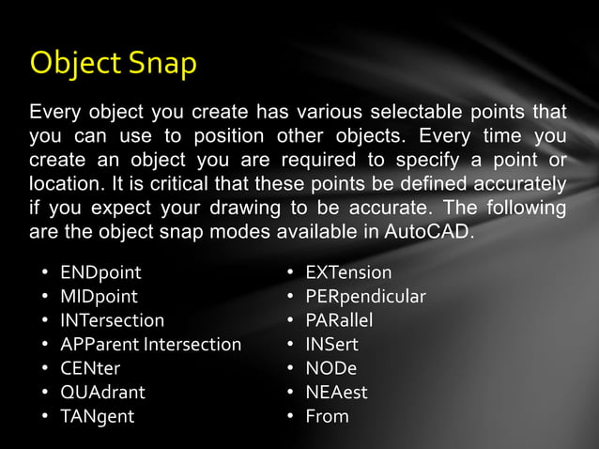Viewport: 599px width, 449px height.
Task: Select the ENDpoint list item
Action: click(x=100, y=273)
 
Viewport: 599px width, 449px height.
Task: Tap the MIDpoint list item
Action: click(x=100, y=297)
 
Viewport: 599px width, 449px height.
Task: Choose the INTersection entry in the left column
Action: click(x=112, y=320)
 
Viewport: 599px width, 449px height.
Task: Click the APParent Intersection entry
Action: click(x=150, y=345)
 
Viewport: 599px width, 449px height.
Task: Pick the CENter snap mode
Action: click(x=90, y=368)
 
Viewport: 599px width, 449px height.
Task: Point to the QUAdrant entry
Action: click(x=102, y=392)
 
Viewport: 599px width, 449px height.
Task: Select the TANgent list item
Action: click(x=98, y=416)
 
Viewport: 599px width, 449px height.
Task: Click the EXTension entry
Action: click(x=348, y=273)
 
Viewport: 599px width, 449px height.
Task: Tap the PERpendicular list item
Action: click(x=365, y=297)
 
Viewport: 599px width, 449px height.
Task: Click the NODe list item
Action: click(x=330, y=368)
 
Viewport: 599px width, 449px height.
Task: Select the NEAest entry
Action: click(x=336, y=392)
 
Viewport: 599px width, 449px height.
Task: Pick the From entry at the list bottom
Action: click(x=327, y=416)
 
